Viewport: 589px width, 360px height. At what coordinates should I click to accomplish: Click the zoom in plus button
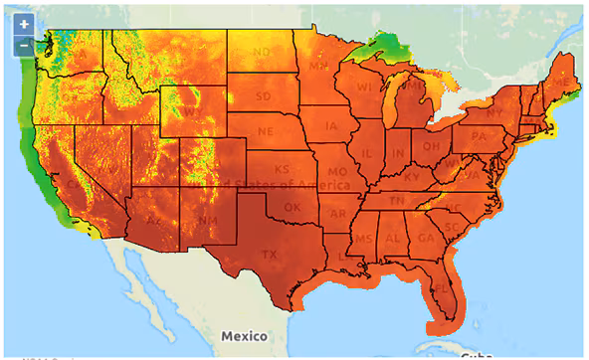(24, 24)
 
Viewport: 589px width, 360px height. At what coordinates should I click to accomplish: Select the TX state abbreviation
(269, 254)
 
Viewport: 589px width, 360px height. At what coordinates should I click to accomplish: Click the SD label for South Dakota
(263, 96)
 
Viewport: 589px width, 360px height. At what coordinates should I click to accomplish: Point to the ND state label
(263, 52)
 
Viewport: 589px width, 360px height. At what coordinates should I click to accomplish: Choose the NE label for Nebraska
(266, 130)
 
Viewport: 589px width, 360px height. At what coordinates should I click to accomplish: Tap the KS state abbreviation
(283, 169)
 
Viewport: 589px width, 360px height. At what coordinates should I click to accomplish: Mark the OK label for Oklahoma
(292, 207)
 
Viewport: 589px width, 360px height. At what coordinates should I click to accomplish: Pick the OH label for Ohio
(429, 145)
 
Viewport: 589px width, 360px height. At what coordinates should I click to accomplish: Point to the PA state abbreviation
(478, 135)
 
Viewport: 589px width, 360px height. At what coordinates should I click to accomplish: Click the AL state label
(394, 240)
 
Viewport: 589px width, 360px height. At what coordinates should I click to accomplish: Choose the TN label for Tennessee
(395, 200)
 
